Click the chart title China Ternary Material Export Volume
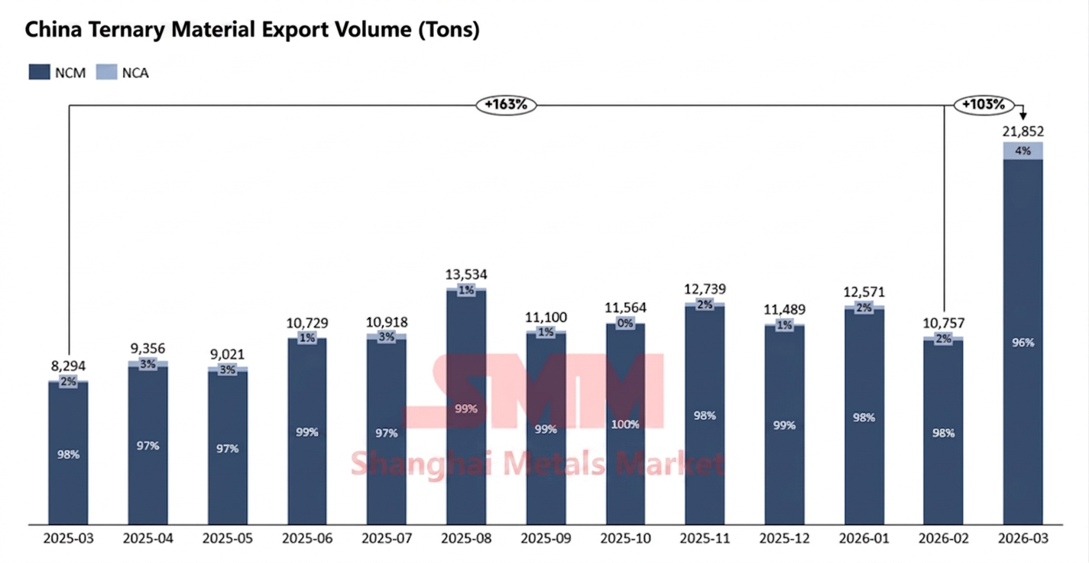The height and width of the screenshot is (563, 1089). coord(252,31)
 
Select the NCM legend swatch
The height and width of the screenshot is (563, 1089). coord(40,73)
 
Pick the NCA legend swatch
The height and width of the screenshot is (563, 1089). coord(107,73)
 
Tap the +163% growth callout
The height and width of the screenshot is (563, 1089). coord(506,105)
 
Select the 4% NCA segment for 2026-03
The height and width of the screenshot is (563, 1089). coord(1023,151)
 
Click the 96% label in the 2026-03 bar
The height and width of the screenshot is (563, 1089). coord(1023,342)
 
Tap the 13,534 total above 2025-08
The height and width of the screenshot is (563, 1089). coord(466,274)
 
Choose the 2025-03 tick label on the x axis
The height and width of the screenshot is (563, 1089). coord(69,539)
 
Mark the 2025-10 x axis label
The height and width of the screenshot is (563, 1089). coord(625,539)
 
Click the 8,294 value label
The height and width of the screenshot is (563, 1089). coord(69,366)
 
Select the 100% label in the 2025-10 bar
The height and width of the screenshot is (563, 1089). coord(625,425)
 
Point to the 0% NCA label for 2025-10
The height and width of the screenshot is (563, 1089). coord(625,324)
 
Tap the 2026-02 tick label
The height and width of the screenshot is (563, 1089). coord(943,539)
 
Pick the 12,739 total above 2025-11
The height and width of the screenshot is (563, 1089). coord(705,289)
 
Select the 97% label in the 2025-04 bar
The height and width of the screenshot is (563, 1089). coord(148,445)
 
